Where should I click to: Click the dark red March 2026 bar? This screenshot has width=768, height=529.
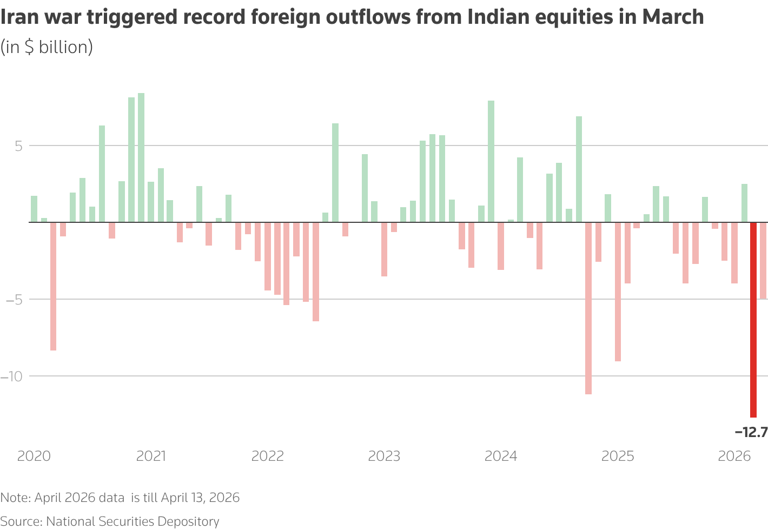tap(753, 319)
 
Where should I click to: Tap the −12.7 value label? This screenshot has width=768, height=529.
tap(751, 432)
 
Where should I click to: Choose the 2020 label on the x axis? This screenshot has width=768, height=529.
tap(34, 456)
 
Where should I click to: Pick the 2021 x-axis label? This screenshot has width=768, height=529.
tap(151, 456)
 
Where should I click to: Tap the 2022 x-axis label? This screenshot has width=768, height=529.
tap(268, 456)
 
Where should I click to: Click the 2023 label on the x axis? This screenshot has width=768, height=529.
tap(384, 456)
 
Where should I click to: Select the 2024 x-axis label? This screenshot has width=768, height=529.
tap(501, 456)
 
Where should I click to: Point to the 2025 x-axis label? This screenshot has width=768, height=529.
tap(618, 456)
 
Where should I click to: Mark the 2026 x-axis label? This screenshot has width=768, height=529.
tap(734, 456)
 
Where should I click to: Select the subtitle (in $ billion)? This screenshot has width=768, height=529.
tap(47, 48)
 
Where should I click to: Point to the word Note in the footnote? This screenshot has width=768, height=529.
tap(15, 498)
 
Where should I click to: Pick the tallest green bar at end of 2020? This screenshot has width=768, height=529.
tap(141, 157)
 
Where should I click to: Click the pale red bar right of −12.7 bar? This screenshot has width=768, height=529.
tap(763, 260)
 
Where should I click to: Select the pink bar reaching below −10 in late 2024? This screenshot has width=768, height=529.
tap(588, 308)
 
